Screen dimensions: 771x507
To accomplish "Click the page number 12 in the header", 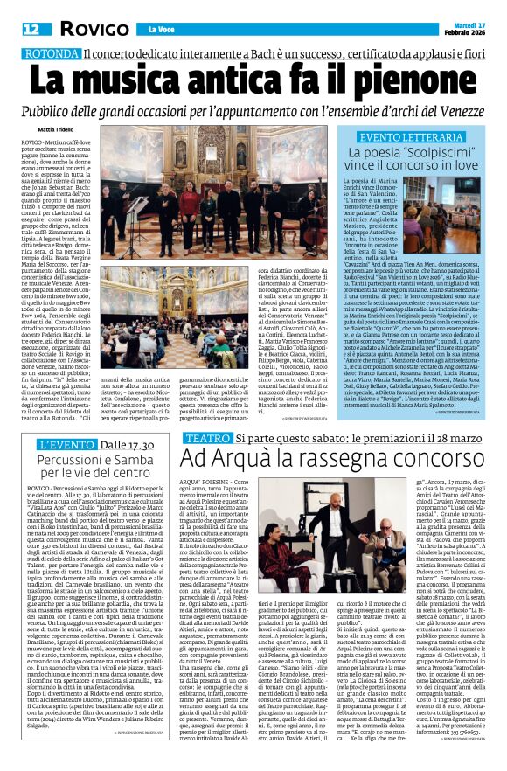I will pos(31,31).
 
